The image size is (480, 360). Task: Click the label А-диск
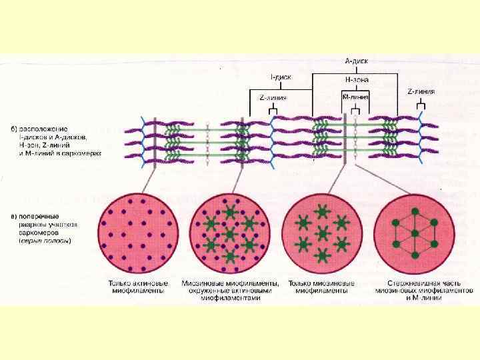tap(357, 61)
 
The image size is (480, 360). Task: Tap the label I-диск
tap(279, 77)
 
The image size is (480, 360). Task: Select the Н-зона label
tap(356, 79)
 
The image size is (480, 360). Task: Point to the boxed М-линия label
tap(355, 97)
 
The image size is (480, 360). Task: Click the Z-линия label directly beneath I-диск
tap(273, 97)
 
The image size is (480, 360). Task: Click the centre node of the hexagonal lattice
tap(414, 233)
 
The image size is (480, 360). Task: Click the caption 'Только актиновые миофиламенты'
tap(137, 287)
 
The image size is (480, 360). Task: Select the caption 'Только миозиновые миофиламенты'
tap(321, 287)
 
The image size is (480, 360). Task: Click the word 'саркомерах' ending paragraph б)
tap(86, 153)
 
